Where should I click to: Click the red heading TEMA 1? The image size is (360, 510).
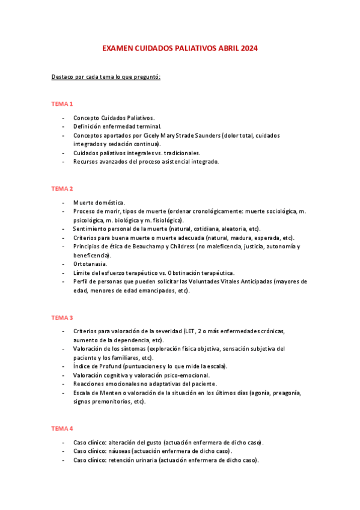tap(62, 104)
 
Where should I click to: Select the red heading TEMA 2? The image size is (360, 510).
tap(62, 189)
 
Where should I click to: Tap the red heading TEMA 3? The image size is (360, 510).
tap(62, 317)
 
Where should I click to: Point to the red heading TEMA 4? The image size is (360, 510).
tap(62, 428)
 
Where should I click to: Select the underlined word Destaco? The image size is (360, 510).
tap(63, 78)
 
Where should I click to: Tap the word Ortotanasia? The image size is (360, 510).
tap(90, 264)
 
